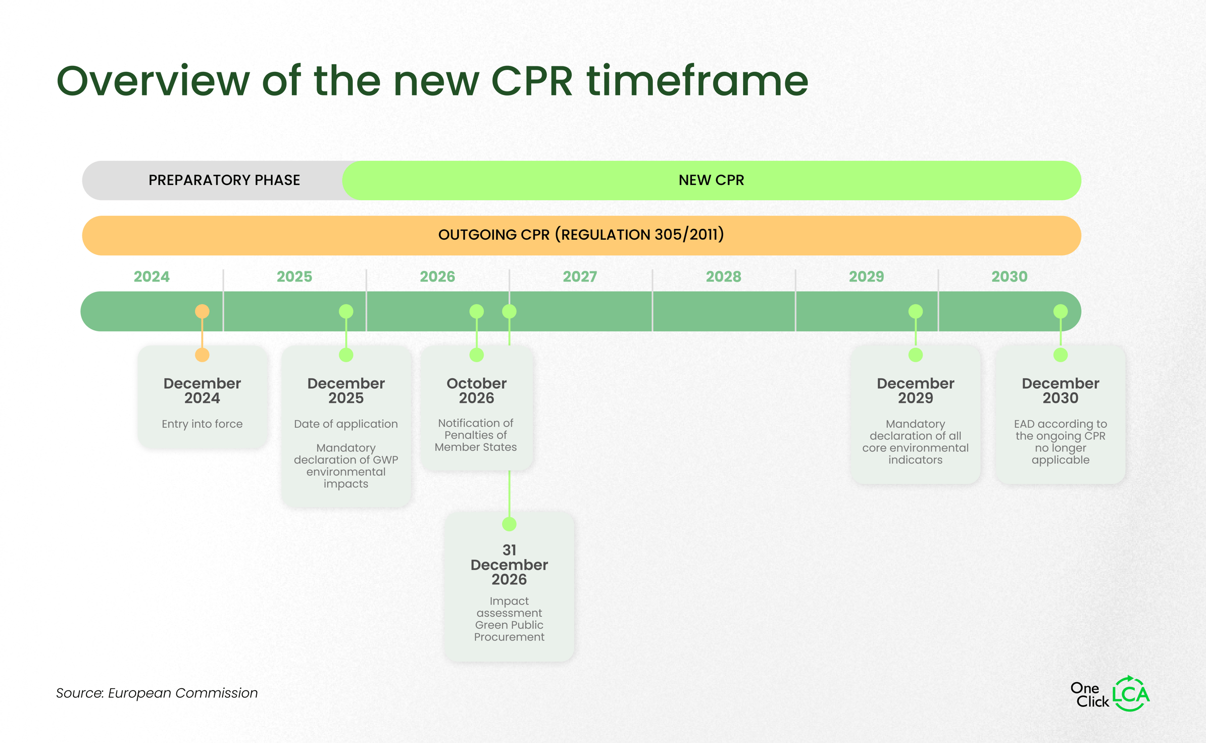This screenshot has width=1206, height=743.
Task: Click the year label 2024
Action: tap(151, 276)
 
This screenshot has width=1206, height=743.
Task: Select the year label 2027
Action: tap(580, 276)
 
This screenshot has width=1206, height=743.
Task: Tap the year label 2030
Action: tap(1009, 276)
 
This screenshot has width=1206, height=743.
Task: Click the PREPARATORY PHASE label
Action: tap(224, 180)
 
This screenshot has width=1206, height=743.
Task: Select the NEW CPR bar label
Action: tap(711, 180)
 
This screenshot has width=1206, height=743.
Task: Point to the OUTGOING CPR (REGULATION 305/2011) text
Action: tap(581, 235)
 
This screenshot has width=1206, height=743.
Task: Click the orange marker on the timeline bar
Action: tap(202, 311)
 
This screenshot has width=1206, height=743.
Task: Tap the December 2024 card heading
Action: tap(202, 391)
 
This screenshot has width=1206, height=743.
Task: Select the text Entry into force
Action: tap(202, 424)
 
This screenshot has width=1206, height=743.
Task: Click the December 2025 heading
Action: tap(346, 391)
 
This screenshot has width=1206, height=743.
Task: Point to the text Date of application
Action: tap(346, 424)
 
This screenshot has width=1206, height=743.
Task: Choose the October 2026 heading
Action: tap(476, 391)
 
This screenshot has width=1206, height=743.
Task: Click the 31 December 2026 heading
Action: tap(509, 565)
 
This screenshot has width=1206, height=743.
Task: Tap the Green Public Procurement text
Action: tap(509, 631)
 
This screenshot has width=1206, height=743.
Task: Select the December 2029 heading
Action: tap(915, 391)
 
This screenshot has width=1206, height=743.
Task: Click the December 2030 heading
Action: tap(1060, 391)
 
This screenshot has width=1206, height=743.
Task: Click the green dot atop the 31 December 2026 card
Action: tap(509, 524)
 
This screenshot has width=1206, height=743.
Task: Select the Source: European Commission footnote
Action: tap(157, 693)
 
